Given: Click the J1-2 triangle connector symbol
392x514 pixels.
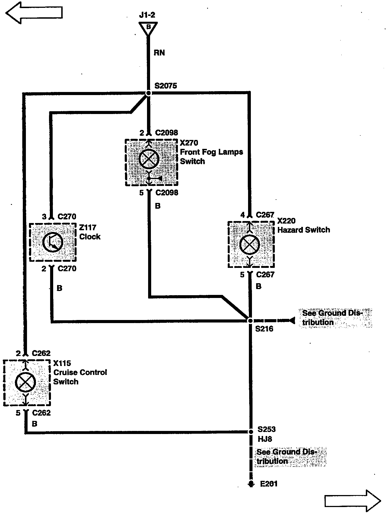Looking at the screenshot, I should click(148, 28).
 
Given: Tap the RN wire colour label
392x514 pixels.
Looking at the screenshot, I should click(159, 53).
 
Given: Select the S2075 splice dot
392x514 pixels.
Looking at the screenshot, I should click(148, 93).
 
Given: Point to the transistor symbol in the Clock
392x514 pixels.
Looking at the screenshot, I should click(53, 242).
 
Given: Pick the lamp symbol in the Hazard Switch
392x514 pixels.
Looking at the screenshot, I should click(250, 244).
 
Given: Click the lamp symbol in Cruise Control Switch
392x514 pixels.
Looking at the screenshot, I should click(26, 382).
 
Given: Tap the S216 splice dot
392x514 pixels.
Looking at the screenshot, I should click(250, 321).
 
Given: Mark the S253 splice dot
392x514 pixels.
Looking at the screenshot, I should click(250, 432).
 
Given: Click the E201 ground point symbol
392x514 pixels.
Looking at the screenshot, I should click(251, 484).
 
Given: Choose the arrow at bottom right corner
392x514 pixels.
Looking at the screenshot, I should click(352, 501).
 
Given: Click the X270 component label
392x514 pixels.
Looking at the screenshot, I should click(189, 143).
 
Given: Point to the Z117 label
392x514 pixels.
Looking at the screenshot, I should click(88, 227).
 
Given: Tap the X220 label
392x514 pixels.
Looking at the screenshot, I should click(286, 221).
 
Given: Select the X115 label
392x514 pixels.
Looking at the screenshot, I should click(62, 363).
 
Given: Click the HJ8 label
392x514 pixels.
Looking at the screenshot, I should click(265, 439).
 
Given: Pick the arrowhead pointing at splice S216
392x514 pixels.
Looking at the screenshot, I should click(291, 321).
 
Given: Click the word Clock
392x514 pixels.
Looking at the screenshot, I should click(90, 237).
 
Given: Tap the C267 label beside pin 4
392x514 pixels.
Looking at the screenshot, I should click(265, 215).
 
